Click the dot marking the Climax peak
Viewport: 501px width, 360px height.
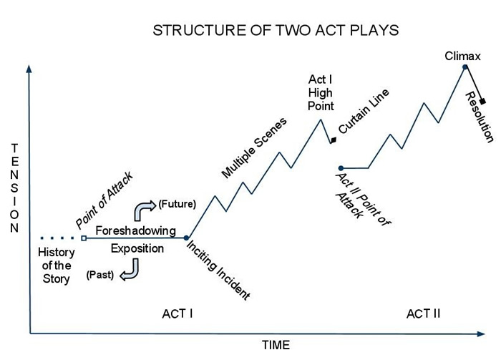[465, 67]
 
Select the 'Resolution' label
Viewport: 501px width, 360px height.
[479, 116]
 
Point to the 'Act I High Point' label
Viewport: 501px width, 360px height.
[321, 92]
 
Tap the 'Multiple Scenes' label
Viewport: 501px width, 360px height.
[254, 147]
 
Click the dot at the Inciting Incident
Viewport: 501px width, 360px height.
[186, 238]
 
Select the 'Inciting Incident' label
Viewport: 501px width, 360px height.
[218, 269]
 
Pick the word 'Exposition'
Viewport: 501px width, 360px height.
[137, 248]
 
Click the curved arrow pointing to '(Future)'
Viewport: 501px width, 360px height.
[143, 210]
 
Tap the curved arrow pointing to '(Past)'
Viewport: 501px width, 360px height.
[130, 271]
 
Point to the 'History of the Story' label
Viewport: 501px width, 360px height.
[55, 265]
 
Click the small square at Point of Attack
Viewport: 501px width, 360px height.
[84, 238]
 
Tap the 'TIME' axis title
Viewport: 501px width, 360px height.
[275, 346]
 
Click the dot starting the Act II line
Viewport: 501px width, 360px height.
[341, 168]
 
